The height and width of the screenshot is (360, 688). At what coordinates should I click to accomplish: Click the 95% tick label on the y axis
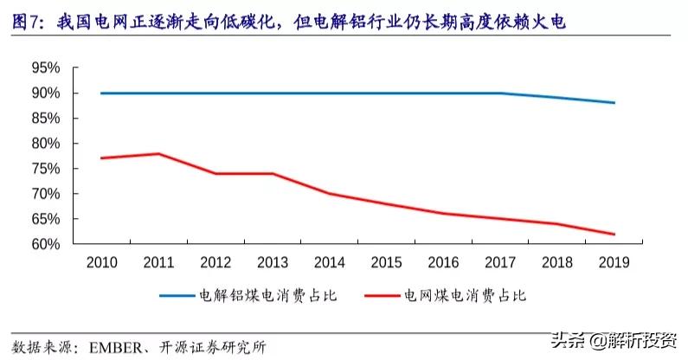coord(44,67)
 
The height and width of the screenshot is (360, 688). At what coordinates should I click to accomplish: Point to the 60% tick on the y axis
coord(44,244)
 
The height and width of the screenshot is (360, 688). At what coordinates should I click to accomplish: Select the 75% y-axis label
coord(44,169)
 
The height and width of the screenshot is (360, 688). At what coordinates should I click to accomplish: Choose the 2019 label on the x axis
coord(614,262)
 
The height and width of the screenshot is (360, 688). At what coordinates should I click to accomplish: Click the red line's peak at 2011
coord(158,154)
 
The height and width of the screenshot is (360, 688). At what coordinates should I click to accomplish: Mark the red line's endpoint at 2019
coord(614,234)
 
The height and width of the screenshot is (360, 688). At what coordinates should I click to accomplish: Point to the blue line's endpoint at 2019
coord(614,103)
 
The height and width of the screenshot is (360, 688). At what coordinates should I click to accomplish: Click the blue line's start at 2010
coord(101,93)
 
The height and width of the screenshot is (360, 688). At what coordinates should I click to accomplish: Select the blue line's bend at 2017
coord(499,93)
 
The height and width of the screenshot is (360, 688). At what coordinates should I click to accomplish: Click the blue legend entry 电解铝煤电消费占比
coord(267,296)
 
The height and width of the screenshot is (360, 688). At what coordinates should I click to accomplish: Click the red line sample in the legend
coord(378,296)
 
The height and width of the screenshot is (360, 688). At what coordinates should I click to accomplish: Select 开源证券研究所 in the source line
coord(211,347)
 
